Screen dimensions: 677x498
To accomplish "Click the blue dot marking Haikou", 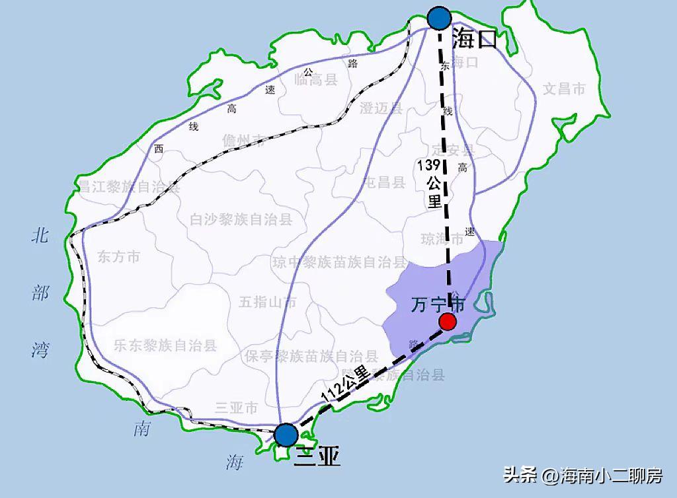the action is [439, 18].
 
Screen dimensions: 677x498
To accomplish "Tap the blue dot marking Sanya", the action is [286, 435].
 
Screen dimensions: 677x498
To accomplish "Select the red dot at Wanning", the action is [448, 322].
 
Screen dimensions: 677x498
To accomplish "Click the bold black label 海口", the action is [474, 40].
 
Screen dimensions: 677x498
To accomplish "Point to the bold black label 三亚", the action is [317, 455].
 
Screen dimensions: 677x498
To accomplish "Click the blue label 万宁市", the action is [438, 304].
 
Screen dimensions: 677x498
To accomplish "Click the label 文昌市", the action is [564, 89].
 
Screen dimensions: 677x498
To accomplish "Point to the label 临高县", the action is [316, 80].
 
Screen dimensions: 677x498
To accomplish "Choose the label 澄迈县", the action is [381, 108].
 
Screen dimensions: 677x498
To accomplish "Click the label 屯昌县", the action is [385, 182].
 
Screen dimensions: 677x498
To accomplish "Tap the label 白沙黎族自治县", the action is [241, 219].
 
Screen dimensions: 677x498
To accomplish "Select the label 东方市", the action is [118, 257].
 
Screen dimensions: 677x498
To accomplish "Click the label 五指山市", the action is [267, 302].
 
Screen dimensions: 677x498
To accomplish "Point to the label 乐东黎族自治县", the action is [165, 345].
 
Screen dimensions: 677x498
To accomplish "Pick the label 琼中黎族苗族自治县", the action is [340, 262].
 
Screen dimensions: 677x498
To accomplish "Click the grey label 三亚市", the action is [236, 409].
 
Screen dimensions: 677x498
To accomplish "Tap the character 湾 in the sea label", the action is [40, 349].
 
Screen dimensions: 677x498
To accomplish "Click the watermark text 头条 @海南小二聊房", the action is [582, 475].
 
